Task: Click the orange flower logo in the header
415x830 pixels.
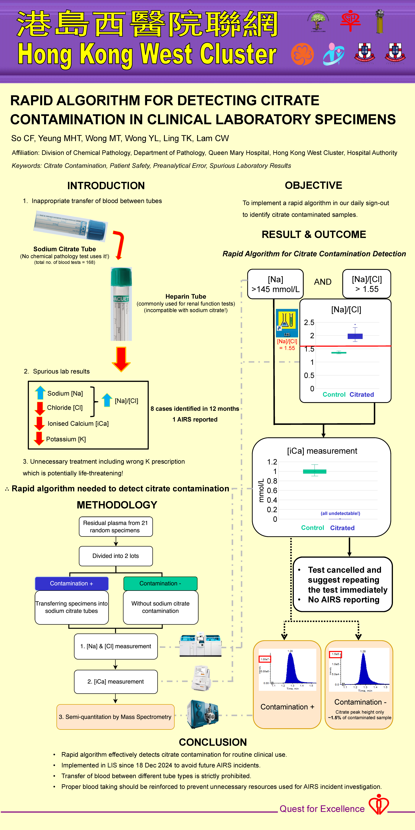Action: point(302,54)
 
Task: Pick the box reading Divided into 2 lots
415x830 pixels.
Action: point(116,556)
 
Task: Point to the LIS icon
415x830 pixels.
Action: point(287,323)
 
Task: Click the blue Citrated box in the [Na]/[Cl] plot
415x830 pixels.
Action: point(355,336)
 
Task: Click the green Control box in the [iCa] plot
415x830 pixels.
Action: point(315,471)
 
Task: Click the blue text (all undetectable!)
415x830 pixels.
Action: point(340,513)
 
